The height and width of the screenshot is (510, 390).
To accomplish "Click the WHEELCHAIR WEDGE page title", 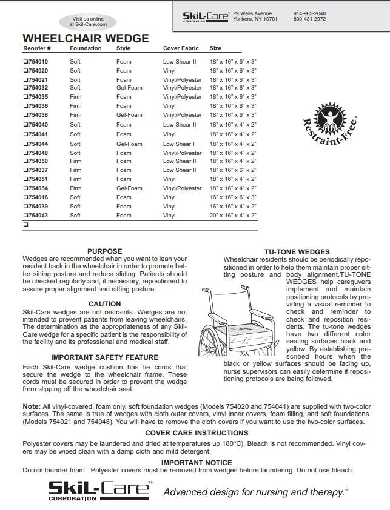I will click(x=86, y=38).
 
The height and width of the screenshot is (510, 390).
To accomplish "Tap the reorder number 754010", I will click(x=38, y=62).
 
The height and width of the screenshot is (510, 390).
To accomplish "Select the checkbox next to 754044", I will click(x=25, y=144).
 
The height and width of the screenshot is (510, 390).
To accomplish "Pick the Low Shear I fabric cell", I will click(x=178, y=144).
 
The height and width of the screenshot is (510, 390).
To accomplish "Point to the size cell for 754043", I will click(x=233, y=216).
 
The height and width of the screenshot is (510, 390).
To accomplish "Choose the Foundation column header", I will click(x=86, y=48).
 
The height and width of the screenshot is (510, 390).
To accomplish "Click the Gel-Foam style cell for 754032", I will click(x=129, y=88).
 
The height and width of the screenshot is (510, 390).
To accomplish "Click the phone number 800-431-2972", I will click(x=309, y=19).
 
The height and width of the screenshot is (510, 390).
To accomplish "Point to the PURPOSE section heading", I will click(x=104, y=251).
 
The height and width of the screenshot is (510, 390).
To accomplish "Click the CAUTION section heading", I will click(x=104, y=304).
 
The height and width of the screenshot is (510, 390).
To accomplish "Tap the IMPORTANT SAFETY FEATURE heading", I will click(x=104, y=357).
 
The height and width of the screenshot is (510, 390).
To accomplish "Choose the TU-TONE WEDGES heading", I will click(x=297, y=252).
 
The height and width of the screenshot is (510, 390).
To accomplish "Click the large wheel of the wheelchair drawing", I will click(x=209, y=339).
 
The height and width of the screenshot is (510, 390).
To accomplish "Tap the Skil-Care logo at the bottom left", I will click(x=99, y=490).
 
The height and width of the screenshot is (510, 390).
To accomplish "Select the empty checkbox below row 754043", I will click(x=25, y=224).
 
